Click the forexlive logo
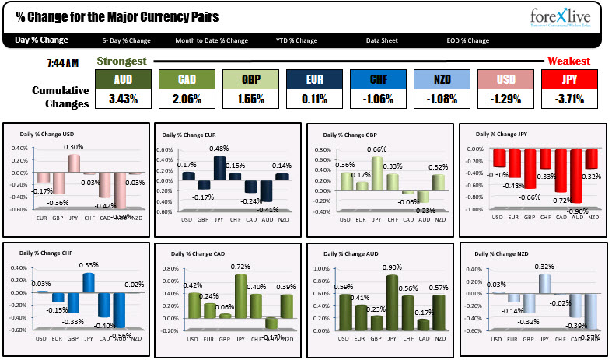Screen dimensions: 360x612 tap(563, 18)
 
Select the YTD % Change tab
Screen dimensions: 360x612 tap(296, 40)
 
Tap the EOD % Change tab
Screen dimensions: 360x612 tap(468, 40)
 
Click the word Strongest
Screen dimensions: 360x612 tap(122, 61)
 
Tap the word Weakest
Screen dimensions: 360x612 tap(568, 61)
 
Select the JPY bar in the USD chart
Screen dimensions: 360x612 tap(74, 163)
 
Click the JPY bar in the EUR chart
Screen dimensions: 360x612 tap(220, 168)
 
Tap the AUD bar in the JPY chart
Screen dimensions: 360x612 tap(576, 176)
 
